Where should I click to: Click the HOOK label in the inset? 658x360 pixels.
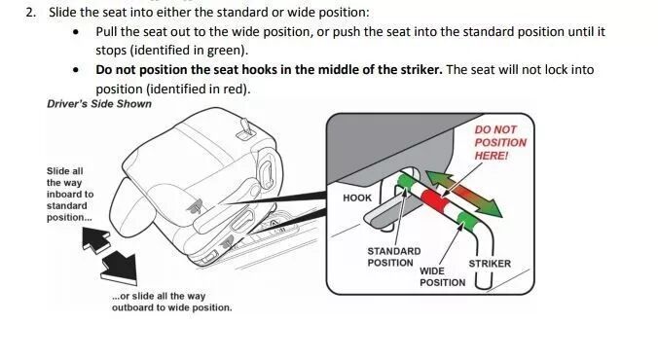pyautogui.click(x=357, y=198)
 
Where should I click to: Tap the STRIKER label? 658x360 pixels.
pyautogui.click(x=490, y=264)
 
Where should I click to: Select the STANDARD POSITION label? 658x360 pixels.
pyautogui.click(x=393, y=257)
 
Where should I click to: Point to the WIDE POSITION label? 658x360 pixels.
pyautogui.click(x=442, y=276)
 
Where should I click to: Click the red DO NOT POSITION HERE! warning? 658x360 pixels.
pyautogui.click(x=500, y=143)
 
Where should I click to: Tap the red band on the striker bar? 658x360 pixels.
pyautogui.click(x=436, y=201)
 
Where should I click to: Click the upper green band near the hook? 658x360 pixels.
pyautogui.click(x=406, y=183)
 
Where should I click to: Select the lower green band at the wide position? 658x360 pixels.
pyautogui.click(x=467, y=222)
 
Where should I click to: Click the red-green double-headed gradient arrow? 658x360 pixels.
pyautogui.click(x=463, y=194)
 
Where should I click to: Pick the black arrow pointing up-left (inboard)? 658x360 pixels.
pyautogui.click(x=94, y=239)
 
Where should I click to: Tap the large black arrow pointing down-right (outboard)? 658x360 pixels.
pyautogui.click(x=120, y=270)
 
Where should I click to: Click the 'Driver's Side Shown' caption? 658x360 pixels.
pyautogui.click(x=99, y=104)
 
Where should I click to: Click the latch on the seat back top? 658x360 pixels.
pyautogui.click(x=246, y=129)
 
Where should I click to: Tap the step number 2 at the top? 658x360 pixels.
pyautogui.click(x=30, y=13)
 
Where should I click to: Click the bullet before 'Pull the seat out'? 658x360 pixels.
pyautogui.click(x=76, y=32)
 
